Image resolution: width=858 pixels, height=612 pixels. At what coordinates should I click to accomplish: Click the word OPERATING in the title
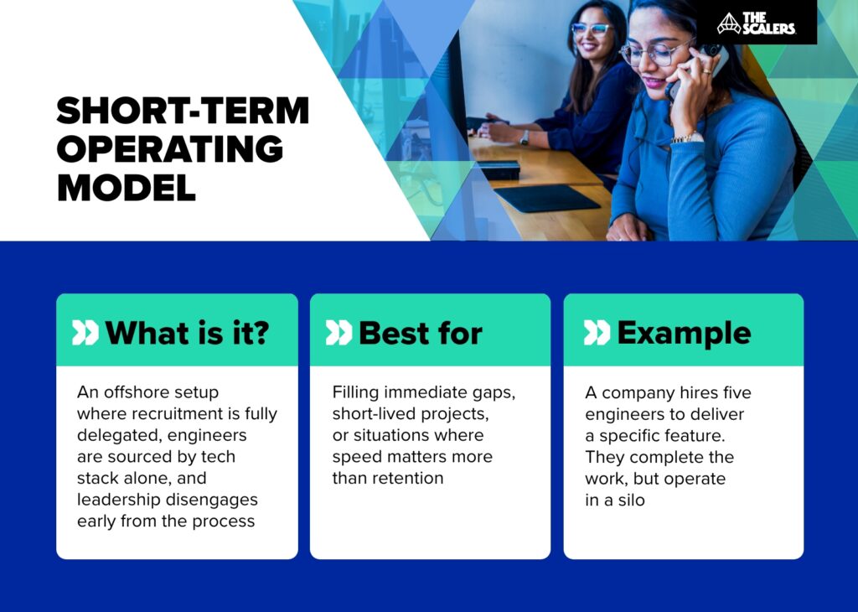coord(170,149)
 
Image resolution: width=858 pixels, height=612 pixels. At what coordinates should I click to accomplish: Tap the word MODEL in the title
coord(127,187)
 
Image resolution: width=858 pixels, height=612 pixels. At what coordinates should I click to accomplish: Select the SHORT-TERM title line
coord(183,112)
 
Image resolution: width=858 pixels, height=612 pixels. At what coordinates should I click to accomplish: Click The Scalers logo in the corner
coord(757,23)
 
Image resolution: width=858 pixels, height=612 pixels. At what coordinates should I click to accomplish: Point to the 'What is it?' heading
coord(187,333)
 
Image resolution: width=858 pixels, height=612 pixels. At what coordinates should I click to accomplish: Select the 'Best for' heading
coord(420,333)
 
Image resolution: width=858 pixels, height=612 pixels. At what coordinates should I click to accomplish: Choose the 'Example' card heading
coord(684,333)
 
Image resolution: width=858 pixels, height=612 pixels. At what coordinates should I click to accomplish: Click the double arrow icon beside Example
coord(597,334)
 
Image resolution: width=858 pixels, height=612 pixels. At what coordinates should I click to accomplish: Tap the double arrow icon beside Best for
coord(339,334)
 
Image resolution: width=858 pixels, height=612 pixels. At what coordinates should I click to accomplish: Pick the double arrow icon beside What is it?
coord(85,334)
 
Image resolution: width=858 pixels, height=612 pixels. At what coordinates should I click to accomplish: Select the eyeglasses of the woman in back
coord(590,30)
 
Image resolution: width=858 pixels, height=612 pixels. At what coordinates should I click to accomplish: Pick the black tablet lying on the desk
coord(545,198)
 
